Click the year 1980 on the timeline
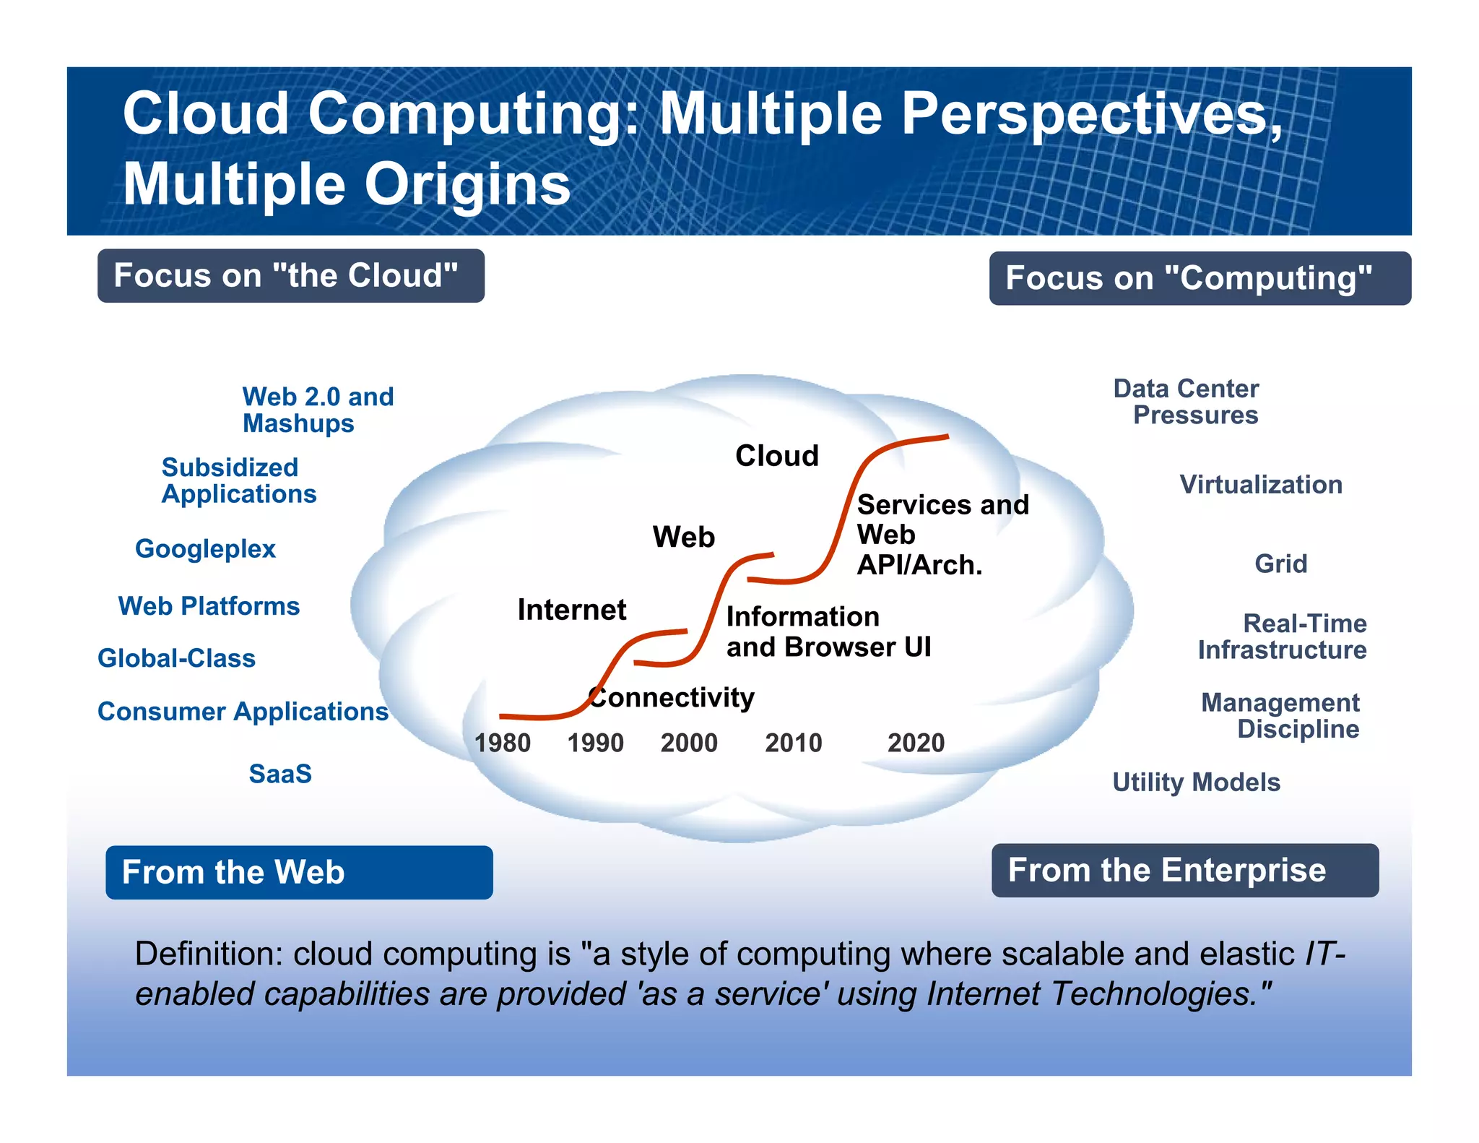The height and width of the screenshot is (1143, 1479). point(502,743)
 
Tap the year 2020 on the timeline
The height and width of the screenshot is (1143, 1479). point(916,743)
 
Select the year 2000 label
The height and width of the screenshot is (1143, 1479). point(689,743)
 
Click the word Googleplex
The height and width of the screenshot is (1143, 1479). point(205,549)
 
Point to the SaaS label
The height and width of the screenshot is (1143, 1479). point(280,774)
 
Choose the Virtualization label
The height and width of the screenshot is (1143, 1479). point(1261,485)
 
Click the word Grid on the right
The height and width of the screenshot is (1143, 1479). point(1280,564)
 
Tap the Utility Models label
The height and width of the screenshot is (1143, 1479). point(1196,782)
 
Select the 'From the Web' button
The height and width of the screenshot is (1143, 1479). point(299,872)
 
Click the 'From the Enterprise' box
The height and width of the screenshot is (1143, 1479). point(1184,870)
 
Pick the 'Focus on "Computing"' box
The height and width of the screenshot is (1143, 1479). point(1200,278)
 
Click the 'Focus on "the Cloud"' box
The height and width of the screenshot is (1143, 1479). point(290,276)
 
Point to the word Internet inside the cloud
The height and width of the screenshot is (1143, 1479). point(571,610)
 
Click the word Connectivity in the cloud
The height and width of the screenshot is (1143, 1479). point(672,698)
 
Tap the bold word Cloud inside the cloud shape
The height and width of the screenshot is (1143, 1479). point(776,456)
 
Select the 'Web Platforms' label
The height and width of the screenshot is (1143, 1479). point(209,606)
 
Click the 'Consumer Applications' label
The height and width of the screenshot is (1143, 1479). point(243,712)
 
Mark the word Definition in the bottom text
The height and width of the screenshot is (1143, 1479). point(208,954)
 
